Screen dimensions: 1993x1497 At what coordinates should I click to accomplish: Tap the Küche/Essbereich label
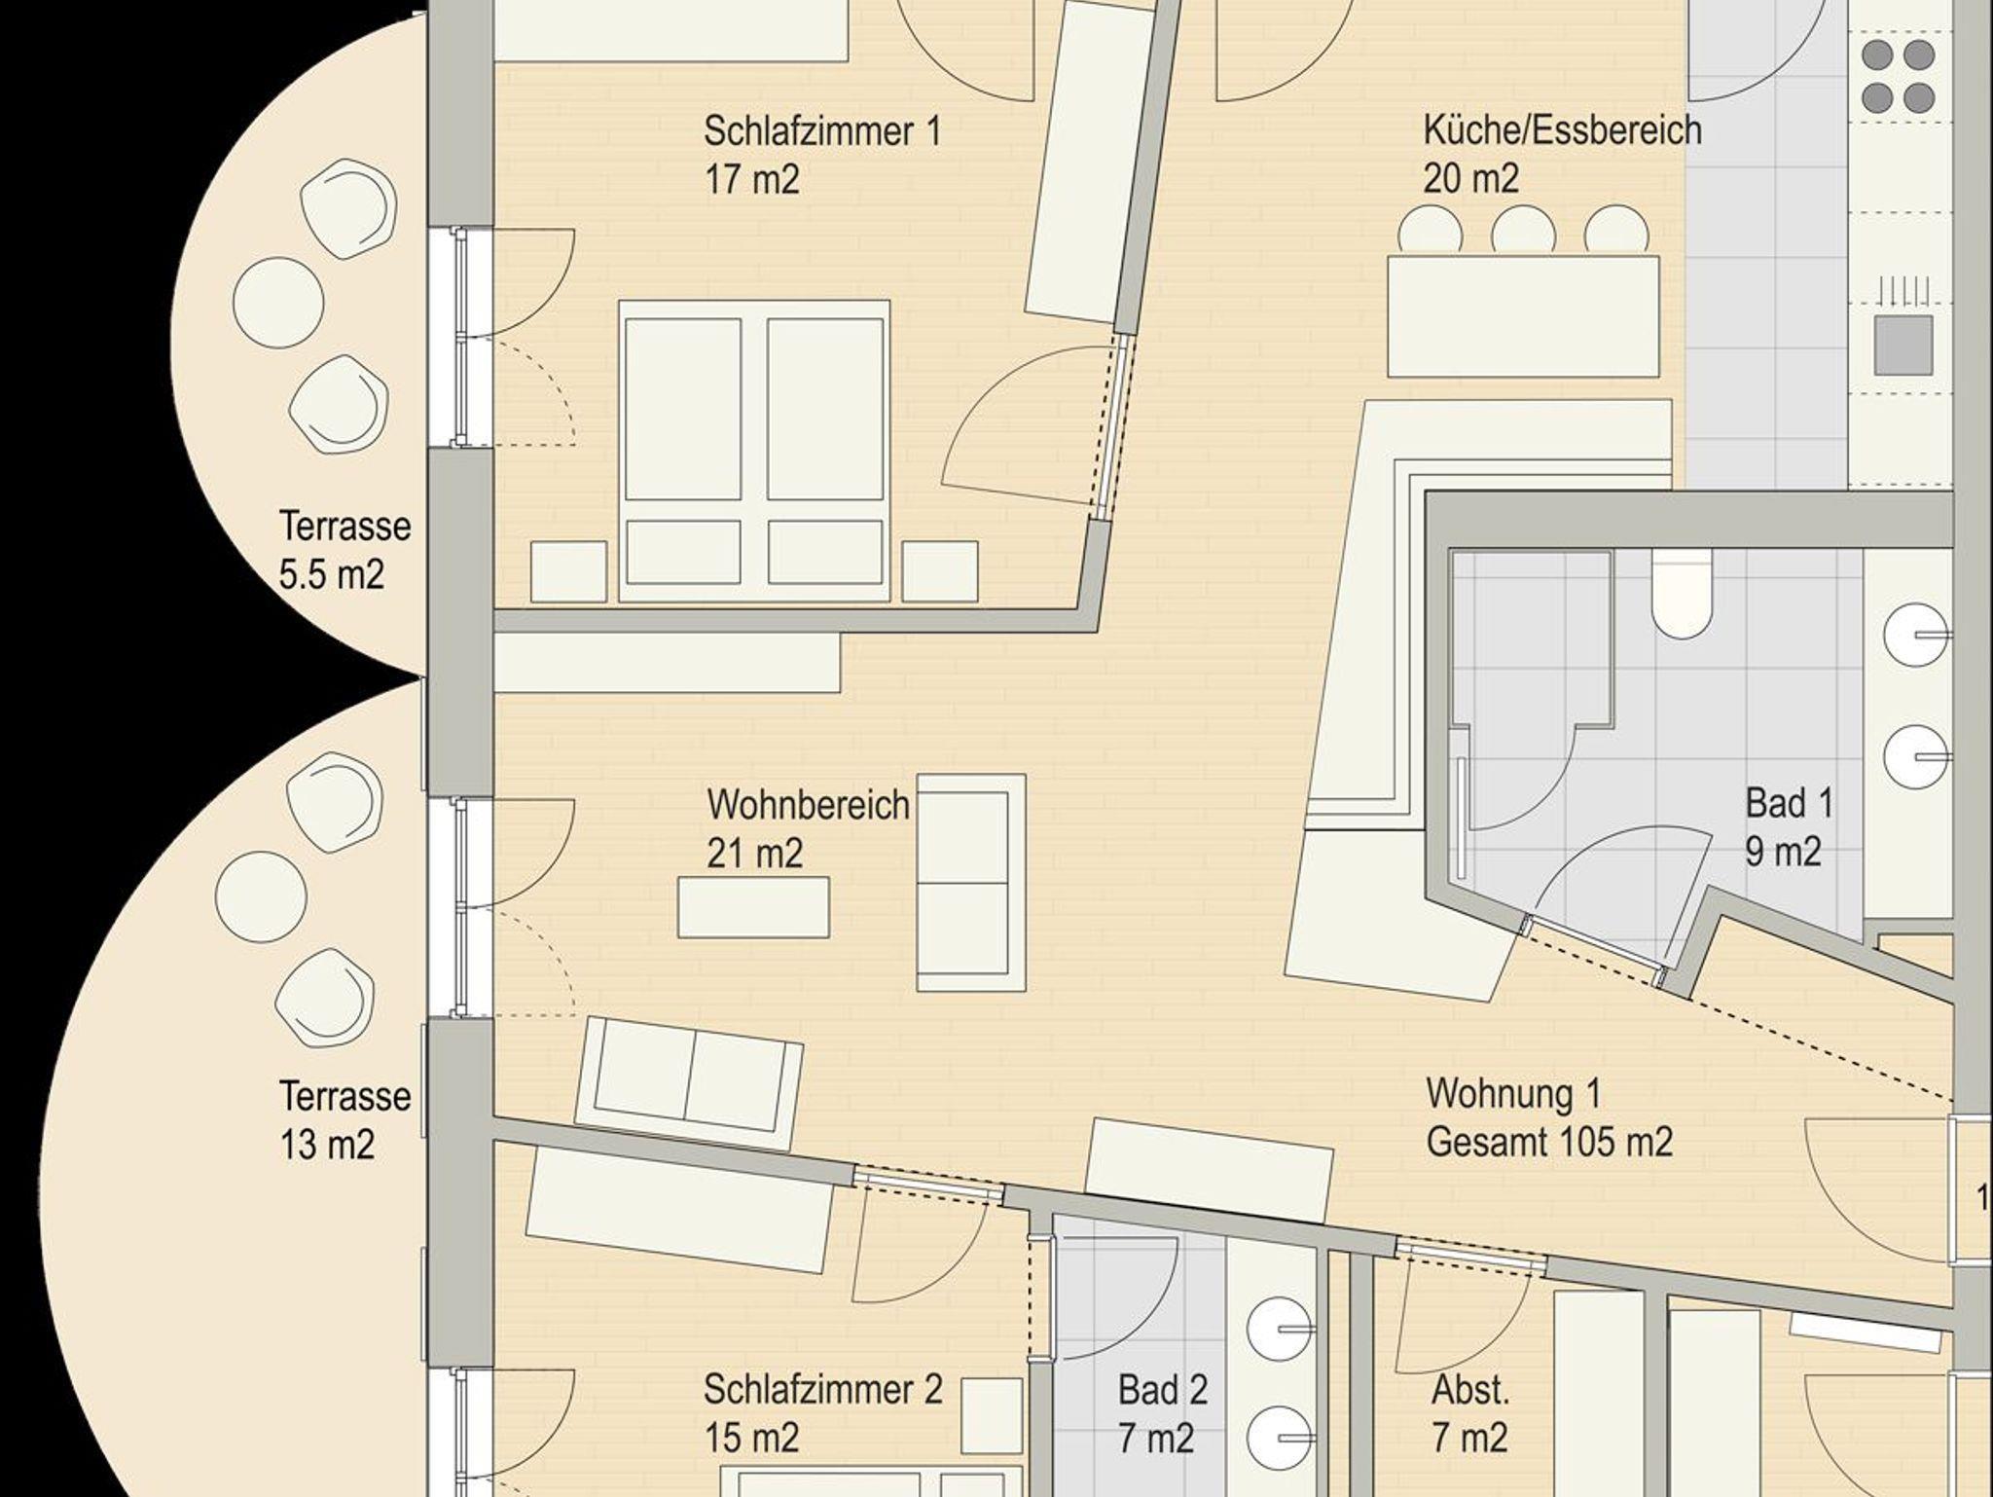[x=1562, y=130]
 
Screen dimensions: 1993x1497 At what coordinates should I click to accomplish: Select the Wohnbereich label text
[x=809, y=806]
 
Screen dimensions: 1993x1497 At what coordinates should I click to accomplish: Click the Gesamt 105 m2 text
[x=1549, y=1142]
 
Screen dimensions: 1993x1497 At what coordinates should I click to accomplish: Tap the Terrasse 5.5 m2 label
[x=344, y=550]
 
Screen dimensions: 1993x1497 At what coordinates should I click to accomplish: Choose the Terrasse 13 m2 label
[x=344, y=1119]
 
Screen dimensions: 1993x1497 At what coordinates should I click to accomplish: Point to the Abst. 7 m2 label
[x=1470, y=1413]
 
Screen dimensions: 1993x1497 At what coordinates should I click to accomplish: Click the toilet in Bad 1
[x=1682, y=595]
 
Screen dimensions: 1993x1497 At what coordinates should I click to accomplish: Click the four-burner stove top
[x=1898, y=76]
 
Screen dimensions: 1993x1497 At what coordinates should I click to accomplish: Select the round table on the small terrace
[x=278, y=303]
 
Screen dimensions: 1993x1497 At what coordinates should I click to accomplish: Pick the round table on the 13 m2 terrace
[x=261, y=896]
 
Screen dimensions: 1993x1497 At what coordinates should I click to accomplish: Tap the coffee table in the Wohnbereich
[x=754, y=907]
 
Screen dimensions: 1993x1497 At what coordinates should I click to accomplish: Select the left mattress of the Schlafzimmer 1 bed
[x=682, y=409]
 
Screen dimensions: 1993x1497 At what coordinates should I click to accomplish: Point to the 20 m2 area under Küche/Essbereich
[x=1470, y=179]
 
